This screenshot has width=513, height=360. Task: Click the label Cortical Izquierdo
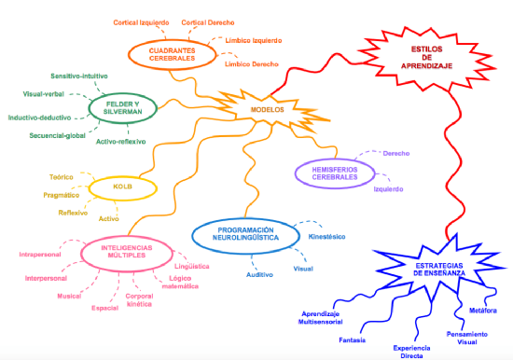[x=141, y=22]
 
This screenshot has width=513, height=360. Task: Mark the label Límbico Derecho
[x=252, y=64]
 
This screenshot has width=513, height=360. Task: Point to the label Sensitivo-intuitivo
[x=79, y=76]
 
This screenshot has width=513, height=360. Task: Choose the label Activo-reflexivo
[x=120, y=142]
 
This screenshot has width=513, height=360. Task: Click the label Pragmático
[x=62, y=195]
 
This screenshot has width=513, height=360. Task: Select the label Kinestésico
[x=326, y=237]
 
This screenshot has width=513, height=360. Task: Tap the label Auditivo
[x=259, y=275]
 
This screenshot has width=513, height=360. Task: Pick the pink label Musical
[x=69, y=297]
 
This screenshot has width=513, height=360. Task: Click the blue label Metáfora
[x=483, y=311]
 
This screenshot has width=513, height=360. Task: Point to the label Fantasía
[x=352, y=340]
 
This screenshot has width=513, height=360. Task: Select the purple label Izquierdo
[x=388, y=189]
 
